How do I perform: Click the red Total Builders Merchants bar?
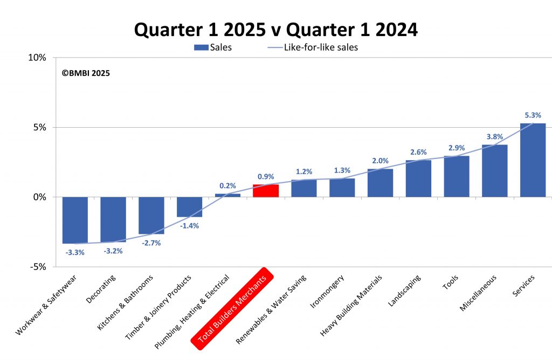click(x=266, y=191)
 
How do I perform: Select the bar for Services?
click(x=533, y=161)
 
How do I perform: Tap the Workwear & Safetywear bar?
click(x=75, y=220)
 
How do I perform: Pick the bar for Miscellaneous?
click(x=494, y=171)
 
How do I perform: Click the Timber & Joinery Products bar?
click(x=189, y=207)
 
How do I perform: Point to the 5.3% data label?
click(x=533, y=115)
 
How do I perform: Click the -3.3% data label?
click(x=75, y=252)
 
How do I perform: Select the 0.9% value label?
click(x=266, y=176)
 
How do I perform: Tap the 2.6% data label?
click(x=418, y=152)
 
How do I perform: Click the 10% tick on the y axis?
click(x=38, y=58)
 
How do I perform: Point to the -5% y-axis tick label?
click(x=38, y=267)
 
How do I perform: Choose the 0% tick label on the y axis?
click(x=40, y=197)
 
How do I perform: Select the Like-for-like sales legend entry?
click(x=313, y=47)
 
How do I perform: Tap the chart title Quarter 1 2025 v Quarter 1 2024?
click(x=276, y=30)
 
